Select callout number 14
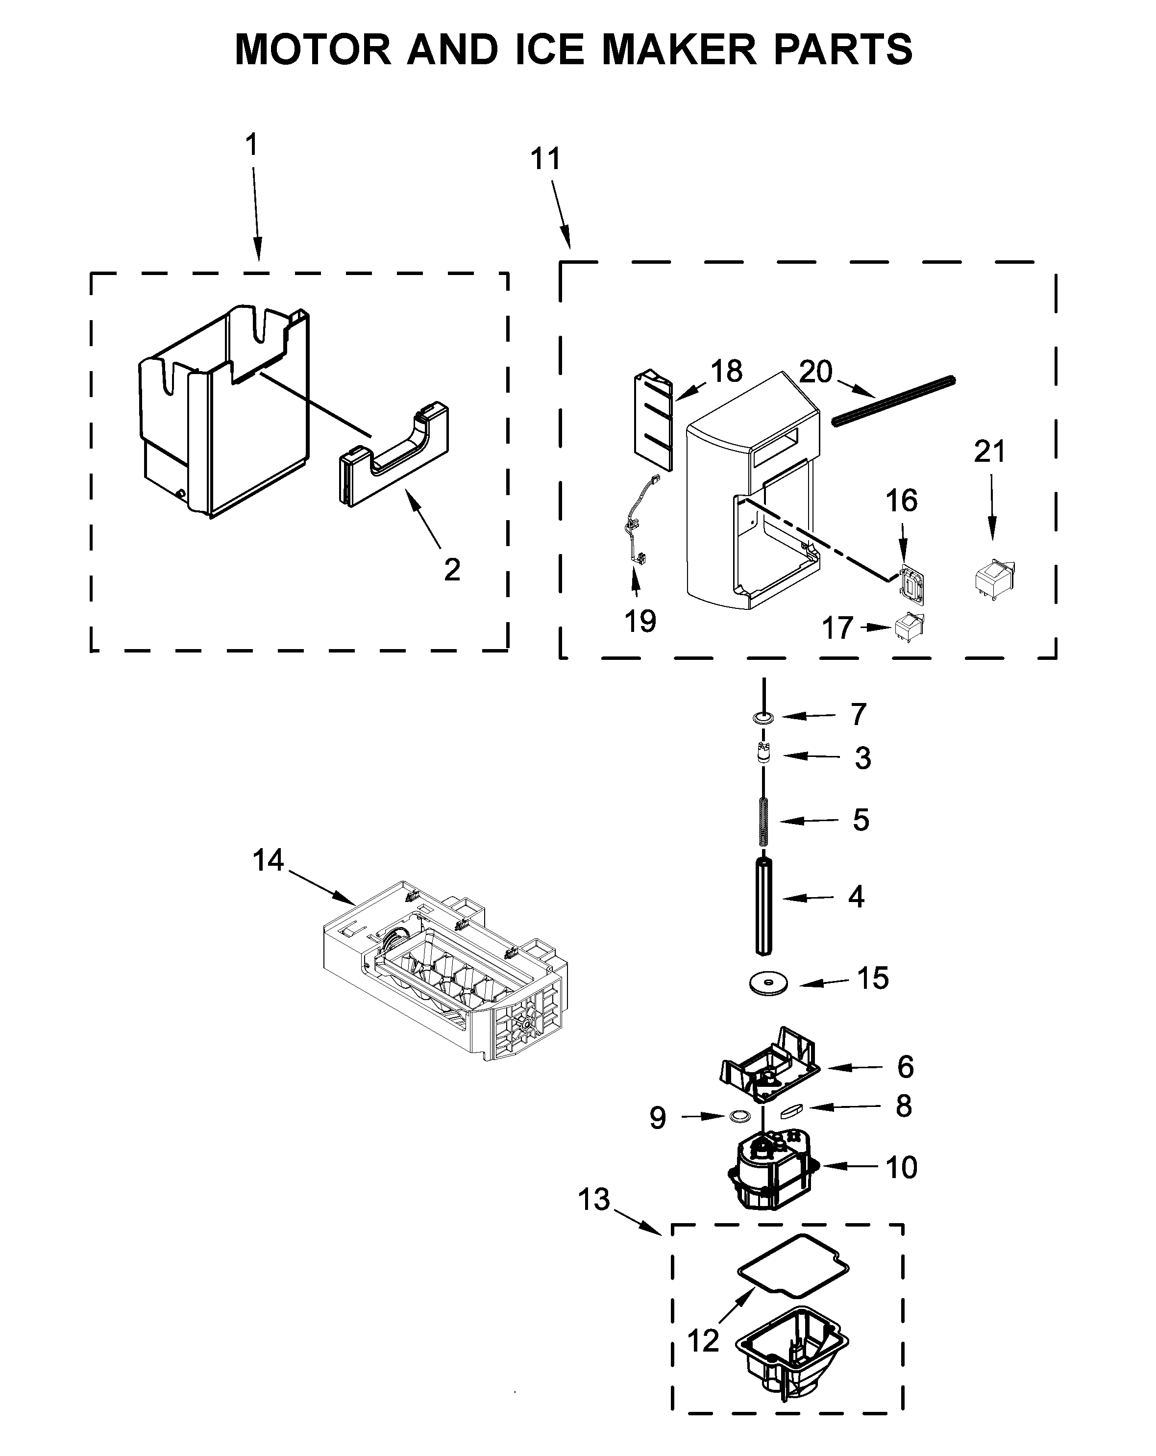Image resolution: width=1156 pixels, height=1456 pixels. [268, 860]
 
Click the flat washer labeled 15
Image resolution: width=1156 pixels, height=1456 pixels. [768, 982]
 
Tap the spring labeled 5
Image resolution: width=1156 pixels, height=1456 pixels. [763, 821]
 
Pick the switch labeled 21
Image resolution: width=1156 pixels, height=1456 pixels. [995, 578]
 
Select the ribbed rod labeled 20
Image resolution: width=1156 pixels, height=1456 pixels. [893, 402]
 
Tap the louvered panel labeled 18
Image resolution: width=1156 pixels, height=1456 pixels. [653, 420]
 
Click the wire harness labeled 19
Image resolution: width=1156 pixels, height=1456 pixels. [638, 524]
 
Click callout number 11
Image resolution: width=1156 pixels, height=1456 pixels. [545, 159]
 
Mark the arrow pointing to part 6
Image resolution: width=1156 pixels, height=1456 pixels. [855, 1068]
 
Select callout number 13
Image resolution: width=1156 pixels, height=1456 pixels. [593, 1200]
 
